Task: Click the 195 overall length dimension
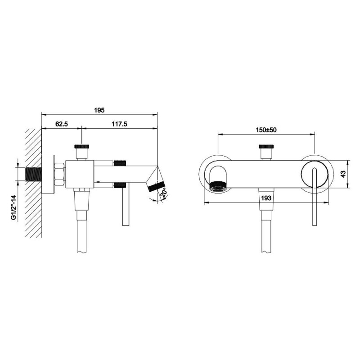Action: pyautogui.click(x=99, y=110)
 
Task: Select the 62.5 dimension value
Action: pyautogui.click(x=62, y=124)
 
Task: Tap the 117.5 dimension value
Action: pyautogui.click(x=119, y=124)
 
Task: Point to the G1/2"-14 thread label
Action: pyautogui.click(x=14, y=207)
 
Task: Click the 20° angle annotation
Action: pyautogui.click(x=164, y=193)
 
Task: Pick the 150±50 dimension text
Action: pyautogui.click(x=266, y=130)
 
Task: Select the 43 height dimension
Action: pyautogui.click(x=343, y=174)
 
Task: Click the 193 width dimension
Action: pyautogui.click(x=266, y=198)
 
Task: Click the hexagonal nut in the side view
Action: pyautogui.click(x=60, y=174)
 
